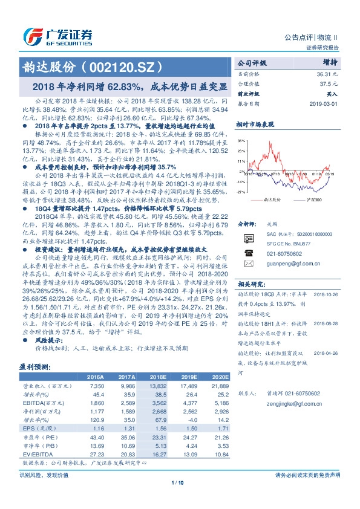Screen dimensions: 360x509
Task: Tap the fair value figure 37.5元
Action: (329, 83)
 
